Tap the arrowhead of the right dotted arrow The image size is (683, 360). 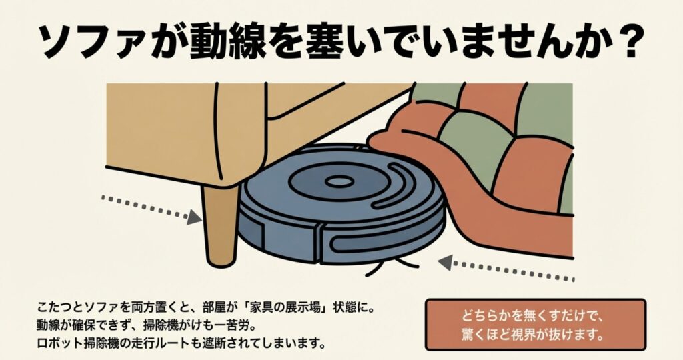coord(445,263)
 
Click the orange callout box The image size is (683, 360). coord(536,324)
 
